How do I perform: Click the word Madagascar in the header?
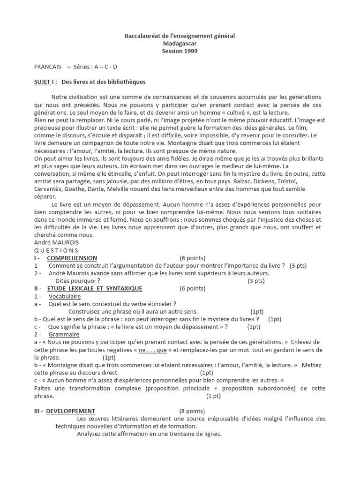click(x=180, y=44)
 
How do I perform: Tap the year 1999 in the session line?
click(x=190, y=51)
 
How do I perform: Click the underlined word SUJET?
click(x=42, y=82)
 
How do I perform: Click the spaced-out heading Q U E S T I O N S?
click(x=57, y=250)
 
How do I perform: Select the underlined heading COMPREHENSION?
click(x=72, y=258)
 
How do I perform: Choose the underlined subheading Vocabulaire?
click(x=65, y=296)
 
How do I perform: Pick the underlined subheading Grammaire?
click(x=64, y=335)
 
